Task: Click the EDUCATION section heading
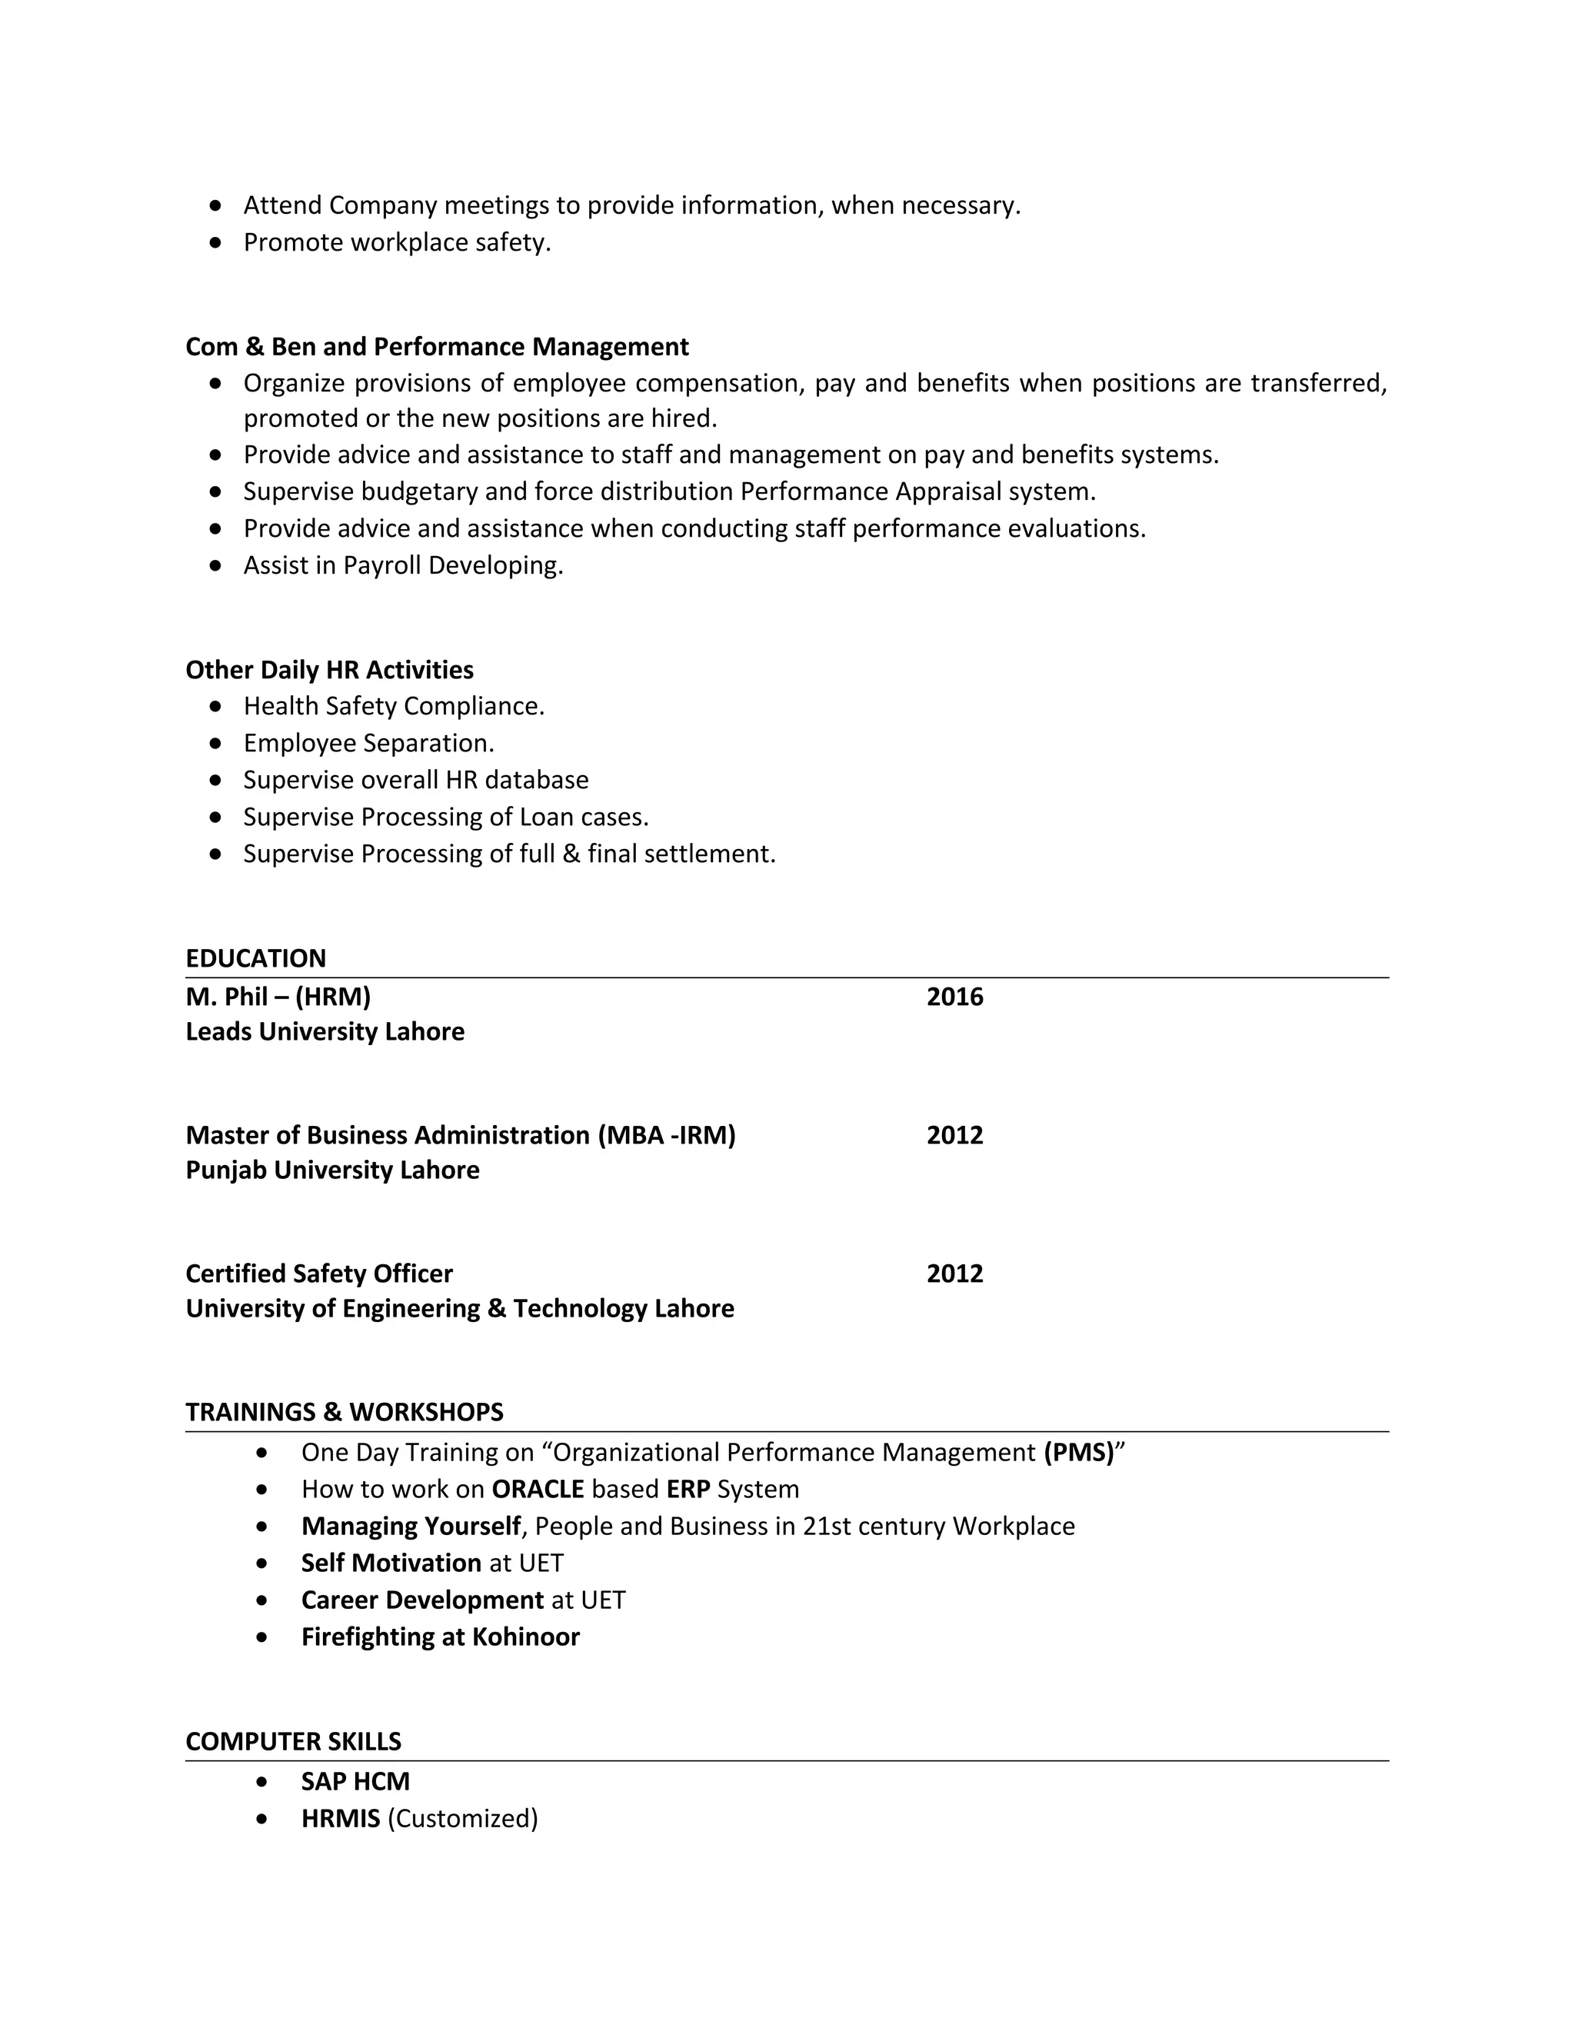(255, 958)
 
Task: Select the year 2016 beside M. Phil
(954, 997)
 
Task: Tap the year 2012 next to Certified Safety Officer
(954, 1274)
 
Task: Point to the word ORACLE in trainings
(538, 1490)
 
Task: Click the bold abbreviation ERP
(688, 1490)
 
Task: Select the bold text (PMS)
(1079, 1453)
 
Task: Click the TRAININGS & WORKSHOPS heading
(345, 1412)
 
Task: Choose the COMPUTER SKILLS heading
(293, 1741)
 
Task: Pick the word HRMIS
(341, 1819)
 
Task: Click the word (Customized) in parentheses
(463, 1819)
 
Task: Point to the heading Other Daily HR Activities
(329, 670)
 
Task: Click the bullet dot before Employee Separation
(216, 744)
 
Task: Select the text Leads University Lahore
(325, 1031)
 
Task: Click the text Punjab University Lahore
(332, 1171)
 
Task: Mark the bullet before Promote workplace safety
(216, 242)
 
